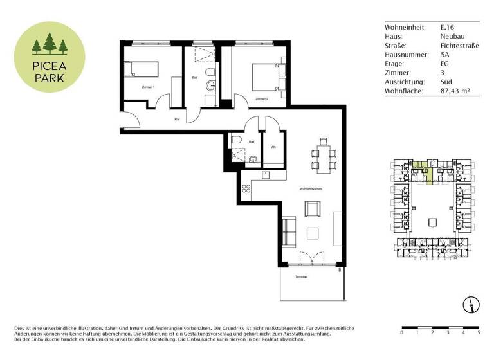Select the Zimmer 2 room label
point(261,99)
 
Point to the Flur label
point(177,119)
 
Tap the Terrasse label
point(300,277)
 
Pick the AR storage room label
point(273,147)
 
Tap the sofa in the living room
point(289,231)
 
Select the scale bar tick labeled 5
point(479,334)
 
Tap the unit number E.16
point(448,28)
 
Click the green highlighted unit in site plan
point(427,172)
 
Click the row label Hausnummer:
point(406,55)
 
